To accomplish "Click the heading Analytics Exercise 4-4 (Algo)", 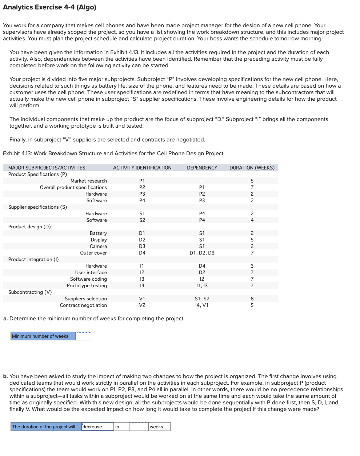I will coord(49,7).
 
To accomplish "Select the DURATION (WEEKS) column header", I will coord(252,168).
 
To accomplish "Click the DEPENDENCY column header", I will coord(202,168).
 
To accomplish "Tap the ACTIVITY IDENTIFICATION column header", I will coord(142,168).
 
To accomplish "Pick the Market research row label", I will coord(88,181).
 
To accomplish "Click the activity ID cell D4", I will coord(142,253).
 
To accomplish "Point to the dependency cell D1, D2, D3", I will coord(202,253).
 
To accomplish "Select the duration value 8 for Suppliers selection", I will coord(252,299).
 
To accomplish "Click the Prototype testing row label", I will coord(87,285).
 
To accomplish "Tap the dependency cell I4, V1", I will coord(202,305).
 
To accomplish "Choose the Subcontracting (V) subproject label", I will coord(30,292).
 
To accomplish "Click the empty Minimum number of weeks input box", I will coord(83,336).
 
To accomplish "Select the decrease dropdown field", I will coord(97,427).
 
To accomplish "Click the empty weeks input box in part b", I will coord(139,427).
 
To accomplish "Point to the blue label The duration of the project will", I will coord(44,427).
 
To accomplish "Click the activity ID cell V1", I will coord(142,299).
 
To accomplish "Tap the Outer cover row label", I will coord(93,253).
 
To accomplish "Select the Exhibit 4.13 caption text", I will coord(113,153).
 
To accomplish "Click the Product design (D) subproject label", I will coord(29,227).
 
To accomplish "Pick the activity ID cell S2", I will coord(142,220).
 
